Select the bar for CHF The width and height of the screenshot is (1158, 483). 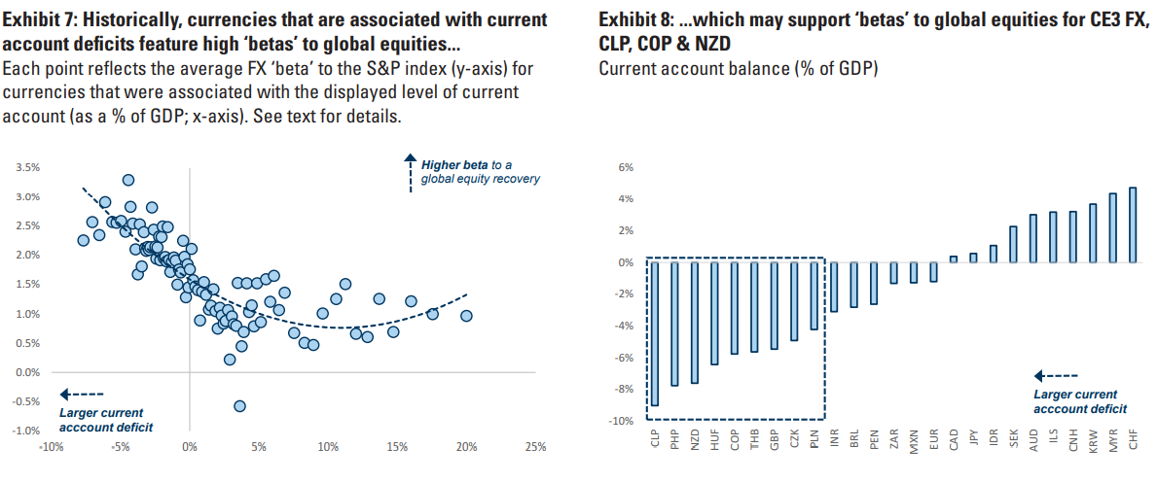(x=1132, y=224)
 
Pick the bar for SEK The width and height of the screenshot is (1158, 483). (x=1012, y=244)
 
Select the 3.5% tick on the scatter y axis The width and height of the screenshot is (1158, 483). (x=27, y=167)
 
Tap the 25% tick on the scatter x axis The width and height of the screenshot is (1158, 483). (x=534, y=447)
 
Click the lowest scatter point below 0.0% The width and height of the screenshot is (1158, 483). (x=239, y=406)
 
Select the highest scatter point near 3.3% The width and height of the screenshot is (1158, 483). (x=128, y=180)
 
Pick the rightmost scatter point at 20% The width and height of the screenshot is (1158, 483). (x=466, y=316)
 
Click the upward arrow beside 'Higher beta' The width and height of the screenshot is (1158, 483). (x=410, y=171)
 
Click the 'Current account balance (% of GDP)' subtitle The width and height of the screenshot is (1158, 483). (x=738, y=68)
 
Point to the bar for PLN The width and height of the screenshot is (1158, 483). (x=814, y=295)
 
